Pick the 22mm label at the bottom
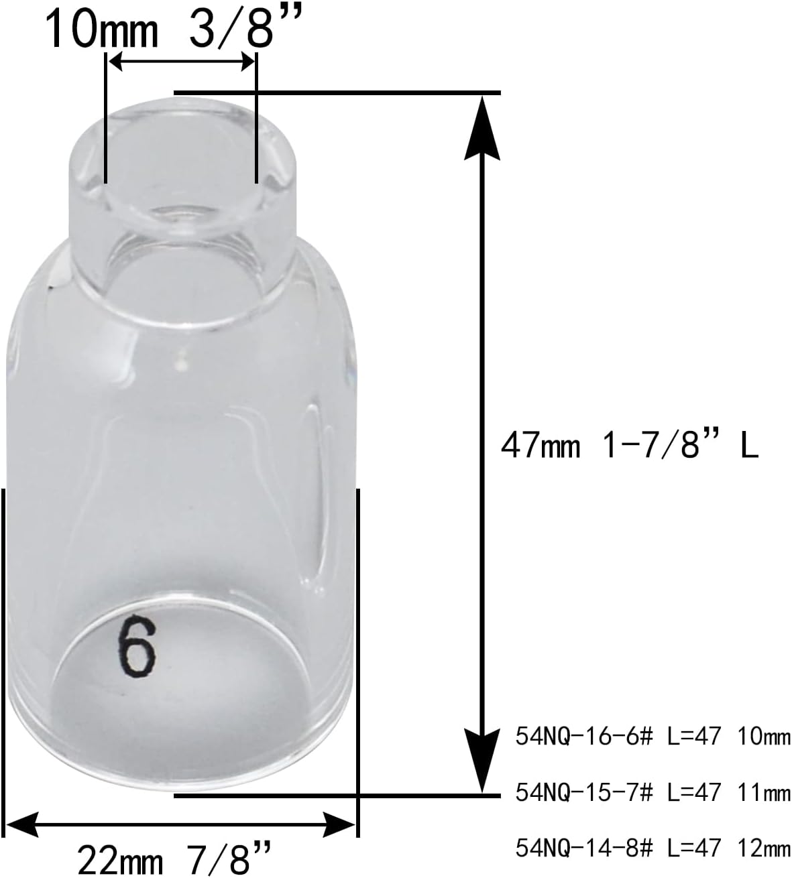(117, 859)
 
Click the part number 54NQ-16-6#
(583, 738)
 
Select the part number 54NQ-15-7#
(583, 794)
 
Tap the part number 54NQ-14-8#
(583, 849)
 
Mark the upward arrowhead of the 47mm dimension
(482, 127)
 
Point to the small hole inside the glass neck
(176, 214)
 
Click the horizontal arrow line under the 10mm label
(181, 62)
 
